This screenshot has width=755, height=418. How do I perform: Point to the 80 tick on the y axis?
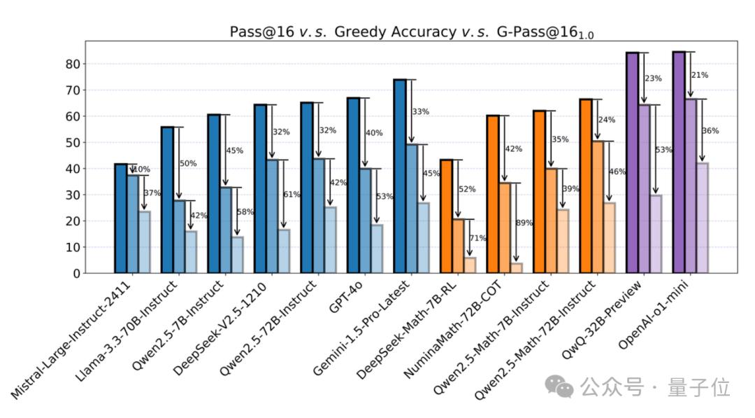[x=71, y=64]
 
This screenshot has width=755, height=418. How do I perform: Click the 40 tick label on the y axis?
[x=71, y=169]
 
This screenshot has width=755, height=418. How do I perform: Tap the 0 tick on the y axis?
[x=75, y=274]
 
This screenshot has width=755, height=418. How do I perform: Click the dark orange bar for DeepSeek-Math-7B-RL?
[x=446, y=216]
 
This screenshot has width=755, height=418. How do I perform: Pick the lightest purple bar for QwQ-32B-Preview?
[x=655, y=234]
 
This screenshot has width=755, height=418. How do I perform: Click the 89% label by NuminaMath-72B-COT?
[x=524, y=223]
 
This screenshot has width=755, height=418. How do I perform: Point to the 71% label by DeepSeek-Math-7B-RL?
[x=477, y=239]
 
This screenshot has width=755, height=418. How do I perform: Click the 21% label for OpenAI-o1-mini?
[x=699, y=76]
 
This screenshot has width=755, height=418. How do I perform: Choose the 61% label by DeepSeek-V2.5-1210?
[x=292, y=195]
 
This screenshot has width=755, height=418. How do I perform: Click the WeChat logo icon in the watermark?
[x=559, y=384]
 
